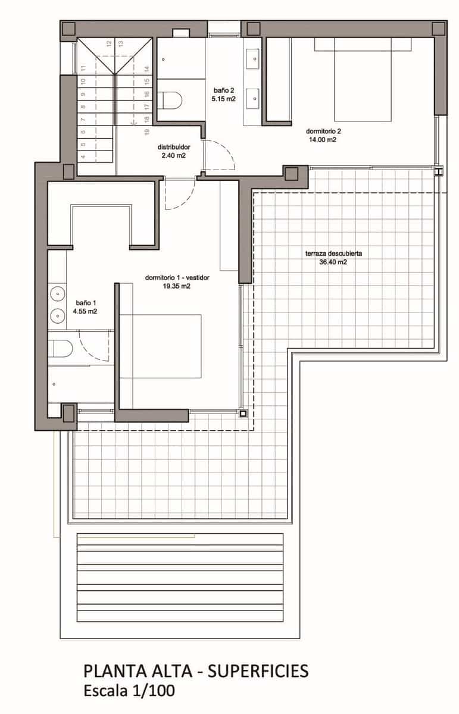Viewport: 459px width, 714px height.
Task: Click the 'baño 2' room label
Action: coord(224,90)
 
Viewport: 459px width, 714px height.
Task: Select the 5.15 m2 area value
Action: coord(224,99)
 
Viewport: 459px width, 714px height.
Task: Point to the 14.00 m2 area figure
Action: coord(323,140)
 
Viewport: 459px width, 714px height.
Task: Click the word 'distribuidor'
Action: coord(173,147)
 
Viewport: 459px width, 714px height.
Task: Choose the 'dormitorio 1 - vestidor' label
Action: coord(177,277)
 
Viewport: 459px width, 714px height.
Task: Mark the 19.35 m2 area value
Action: coord(177,286)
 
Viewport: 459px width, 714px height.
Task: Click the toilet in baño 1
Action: coord(60,347)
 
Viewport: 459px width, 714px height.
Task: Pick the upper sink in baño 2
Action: coord(255,58)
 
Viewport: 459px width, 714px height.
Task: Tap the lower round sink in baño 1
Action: coord(57,315)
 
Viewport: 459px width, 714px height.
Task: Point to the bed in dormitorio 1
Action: coord(167,345)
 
